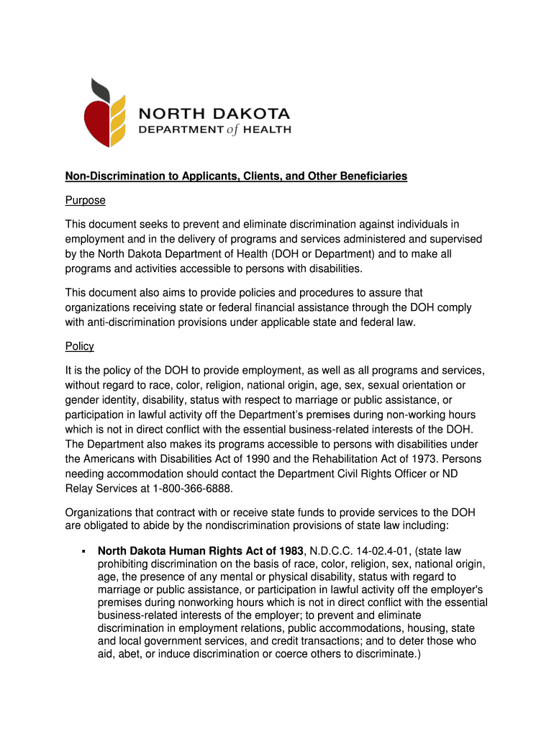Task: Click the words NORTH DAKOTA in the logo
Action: coord(214,114)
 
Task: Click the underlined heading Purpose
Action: coord(86,200)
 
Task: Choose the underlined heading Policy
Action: coord(80,346)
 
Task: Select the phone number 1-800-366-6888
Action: coord(194,489)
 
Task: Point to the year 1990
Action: coord(279,459)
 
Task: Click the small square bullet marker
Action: coord(83,551)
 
